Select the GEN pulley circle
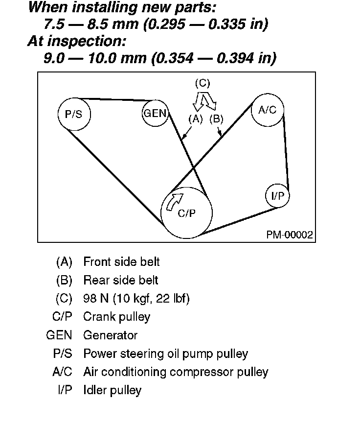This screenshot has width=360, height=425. [155, 114]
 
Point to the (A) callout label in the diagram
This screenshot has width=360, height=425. [196, 118]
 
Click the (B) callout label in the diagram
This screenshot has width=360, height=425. [216, 118]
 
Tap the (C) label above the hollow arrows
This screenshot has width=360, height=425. [202, 83]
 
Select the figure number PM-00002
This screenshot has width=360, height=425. [290, 235]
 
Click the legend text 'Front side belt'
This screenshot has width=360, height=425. [121, 262]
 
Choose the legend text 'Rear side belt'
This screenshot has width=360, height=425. [121, 281]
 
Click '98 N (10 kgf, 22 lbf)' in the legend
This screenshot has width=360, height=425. [136, 299]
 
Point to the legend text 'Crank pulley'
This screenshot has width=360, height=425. [117, 317]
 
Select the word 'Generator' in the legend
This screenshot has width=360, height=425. [111, 335]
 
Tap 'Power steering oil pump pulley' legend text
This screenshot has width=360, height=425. [165, 354]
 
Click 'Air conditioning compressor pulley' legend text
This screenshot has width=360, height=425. [176, 372]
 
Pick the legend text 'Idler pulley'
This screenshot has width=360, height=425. [112, 390]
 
